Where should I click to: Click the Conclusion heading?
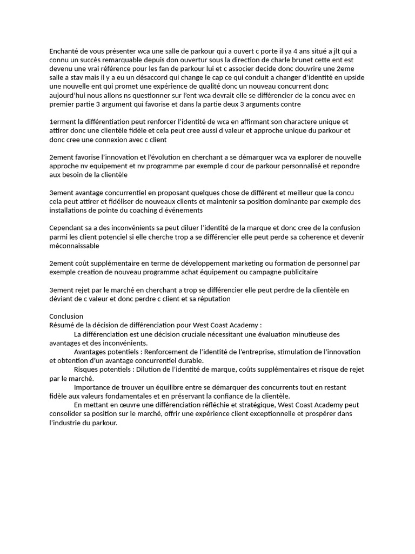point(66,316)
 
